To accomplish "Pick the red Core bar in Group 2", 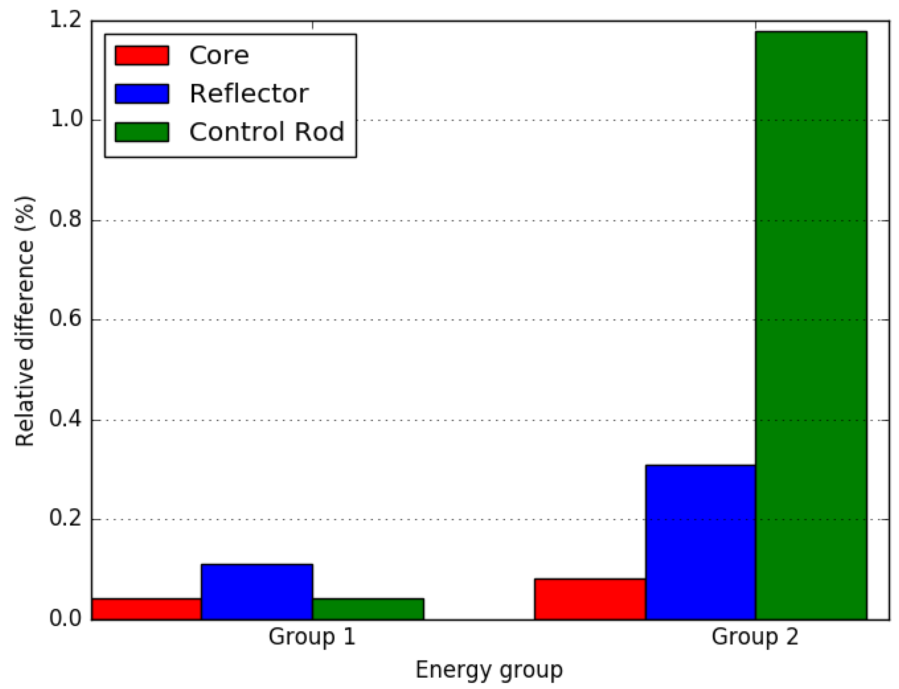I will pyautogui.click(x=589, y=599).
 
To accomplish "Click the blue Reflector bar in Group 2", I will pyautogui.click(x=700, y=542).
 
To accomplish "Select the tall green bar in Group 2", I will pyautogui.click(x=811, y=326).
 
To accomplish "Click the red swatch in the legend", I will pyautogui.click(x=142, y=55).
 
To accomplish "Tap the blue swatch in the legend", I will pyautogui.click(x=142, y=94).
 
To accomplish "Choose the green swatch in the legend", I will pyautogui.click(x=142, y=132).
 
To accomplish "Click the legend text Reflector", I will pyautogui.click(x=249, y=94).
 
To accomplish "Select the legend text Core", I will pyautogui.click(x=219, y=55).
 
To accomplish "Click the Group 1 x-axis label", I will pyautogui.click(x=312, y=637).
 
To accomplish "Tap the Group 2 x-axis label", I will pyautogui.click(x=755, y=637).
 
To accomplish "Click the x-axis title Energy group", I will pyautogui.click(x=489, y=670).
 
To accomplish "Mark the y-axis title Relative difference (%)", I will pyautogui.click(x=24, y=322).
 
